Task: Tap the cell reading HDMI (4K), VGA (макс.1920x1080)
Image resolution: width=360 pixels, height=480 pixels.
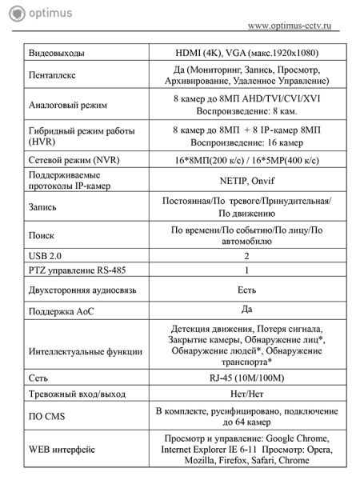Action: (x=246, y=52)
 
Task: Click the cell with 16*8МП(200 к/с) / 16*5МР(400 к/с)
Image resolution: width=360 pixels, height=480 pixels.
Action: (x=246, y=160)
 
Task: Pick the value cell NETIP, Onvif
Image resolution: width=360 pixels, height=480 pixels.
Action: (x=246, y=179)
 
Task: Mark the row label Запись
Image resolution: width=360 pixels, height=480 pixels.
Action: (x=43, y=206)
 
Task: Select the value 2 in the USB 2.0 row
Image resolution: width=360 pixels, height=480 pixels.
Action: (x=246, y=255)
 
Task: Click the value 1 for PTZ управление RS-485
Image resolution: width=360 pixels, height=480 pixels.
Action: (x=246, y=270)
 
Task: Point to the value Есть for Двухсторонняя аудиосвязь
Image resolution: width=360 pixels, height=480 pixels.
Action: (x=246, y=290)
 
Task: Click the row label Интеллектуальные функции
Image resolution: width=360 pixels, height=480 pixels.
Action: (x=85, y=350)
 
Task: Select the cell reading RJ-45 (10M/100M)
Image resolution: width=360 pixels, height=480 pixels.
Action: (x=246, y=378)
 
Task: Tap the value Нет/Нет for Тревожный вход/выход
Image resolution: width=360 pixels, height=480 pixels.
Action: (x=246, y=393)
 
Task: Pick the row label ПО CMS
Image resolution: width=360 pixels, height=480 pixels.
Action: (x=47, y=416)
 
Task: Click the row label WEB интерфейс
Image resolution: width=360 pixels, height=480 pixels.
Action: (x=62, y=449)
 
